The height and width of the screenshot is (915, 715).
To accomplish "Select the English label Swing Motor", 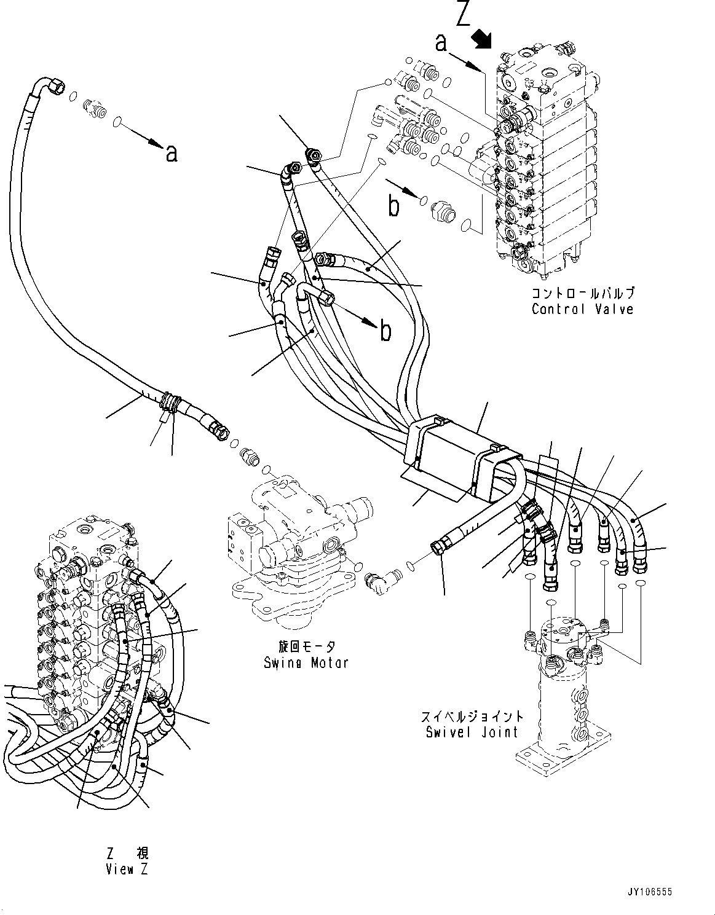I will pos(306,663).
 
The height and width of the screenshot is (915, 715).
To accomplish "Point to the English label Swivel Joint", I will pos(472,732).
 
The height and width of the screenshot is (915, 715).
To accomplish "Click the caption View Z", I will pos(127,869).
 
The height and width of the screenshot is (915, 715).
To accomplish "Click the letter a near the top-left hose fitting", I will pos(172,152).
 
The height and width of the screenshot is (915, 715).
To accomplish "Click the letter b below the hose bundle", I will pos(385,331).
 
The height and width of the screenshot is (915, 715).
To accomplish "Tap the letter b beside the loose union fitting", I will pos(393,206).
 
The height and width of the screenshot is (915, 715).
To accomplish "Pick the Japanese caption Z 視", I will pos(127,853).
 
